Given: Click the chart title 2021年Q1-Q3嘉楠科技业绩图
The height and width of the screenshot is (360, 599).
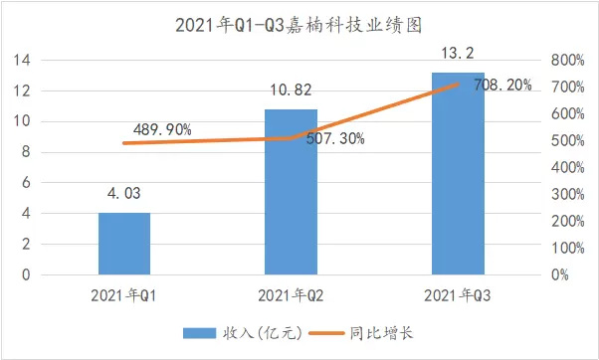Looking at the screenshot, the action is click(299, 26).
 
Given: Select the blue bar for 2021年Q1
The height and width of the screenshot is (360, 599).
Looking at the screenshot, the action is click(124, 244).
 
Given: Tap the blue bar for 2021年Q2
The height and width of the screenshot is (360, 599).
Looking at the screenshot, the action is click(291, 192).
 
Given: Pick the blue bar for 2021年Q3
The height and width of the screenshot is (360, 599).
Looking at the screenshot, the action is click(458, 174).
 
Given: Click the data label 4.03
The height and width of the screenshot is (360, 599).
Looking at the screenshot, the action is click(124, 193).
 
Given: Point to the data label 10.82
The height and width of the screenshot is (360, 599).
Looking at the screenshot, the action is click(292, 90).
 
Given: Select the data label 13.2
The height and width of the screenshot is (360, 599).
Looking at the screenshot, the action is click(458, 53).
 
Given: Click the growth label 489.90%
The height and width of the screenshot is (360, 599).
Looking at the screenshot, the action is click(162, 130).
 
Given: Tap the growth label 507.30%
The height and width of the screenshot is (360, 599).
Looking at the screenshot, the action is click(335, 138).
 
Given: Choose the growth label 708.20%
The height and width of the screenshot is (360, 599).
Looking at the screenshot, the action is click(502, 85).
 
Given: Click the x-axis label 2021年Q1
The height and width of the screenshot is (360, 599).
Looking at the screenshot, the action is click(123, 295).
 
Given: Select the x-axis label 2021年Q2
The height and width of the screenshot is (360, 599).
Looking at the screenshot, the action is click(291, 295).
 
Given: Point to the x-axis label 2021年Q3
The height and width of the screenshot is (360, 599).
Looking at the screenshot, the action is click(458, 295).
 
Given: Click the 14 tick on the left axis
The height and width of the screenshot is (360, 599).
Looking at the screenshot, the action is click(22, 61).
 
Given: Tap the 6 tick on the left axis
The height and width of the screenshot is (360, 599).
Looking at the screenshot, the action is click(26, 183).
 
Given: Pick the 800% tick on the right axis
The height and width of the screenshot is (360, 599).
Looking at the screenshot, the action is click(568, 61).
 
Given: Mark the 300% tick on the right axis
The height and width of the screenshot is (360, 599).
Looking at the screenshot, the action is click(568, 195).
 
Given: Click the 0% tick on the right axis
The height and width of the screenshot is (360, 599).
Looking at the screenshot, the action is click(560, 274).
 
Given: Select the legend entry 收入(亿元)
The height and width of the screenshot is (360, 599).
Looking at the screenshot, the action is click(243, 333).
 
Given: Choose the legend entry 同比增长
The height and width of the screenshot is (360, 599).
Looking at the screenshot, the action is click(361, 333).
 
